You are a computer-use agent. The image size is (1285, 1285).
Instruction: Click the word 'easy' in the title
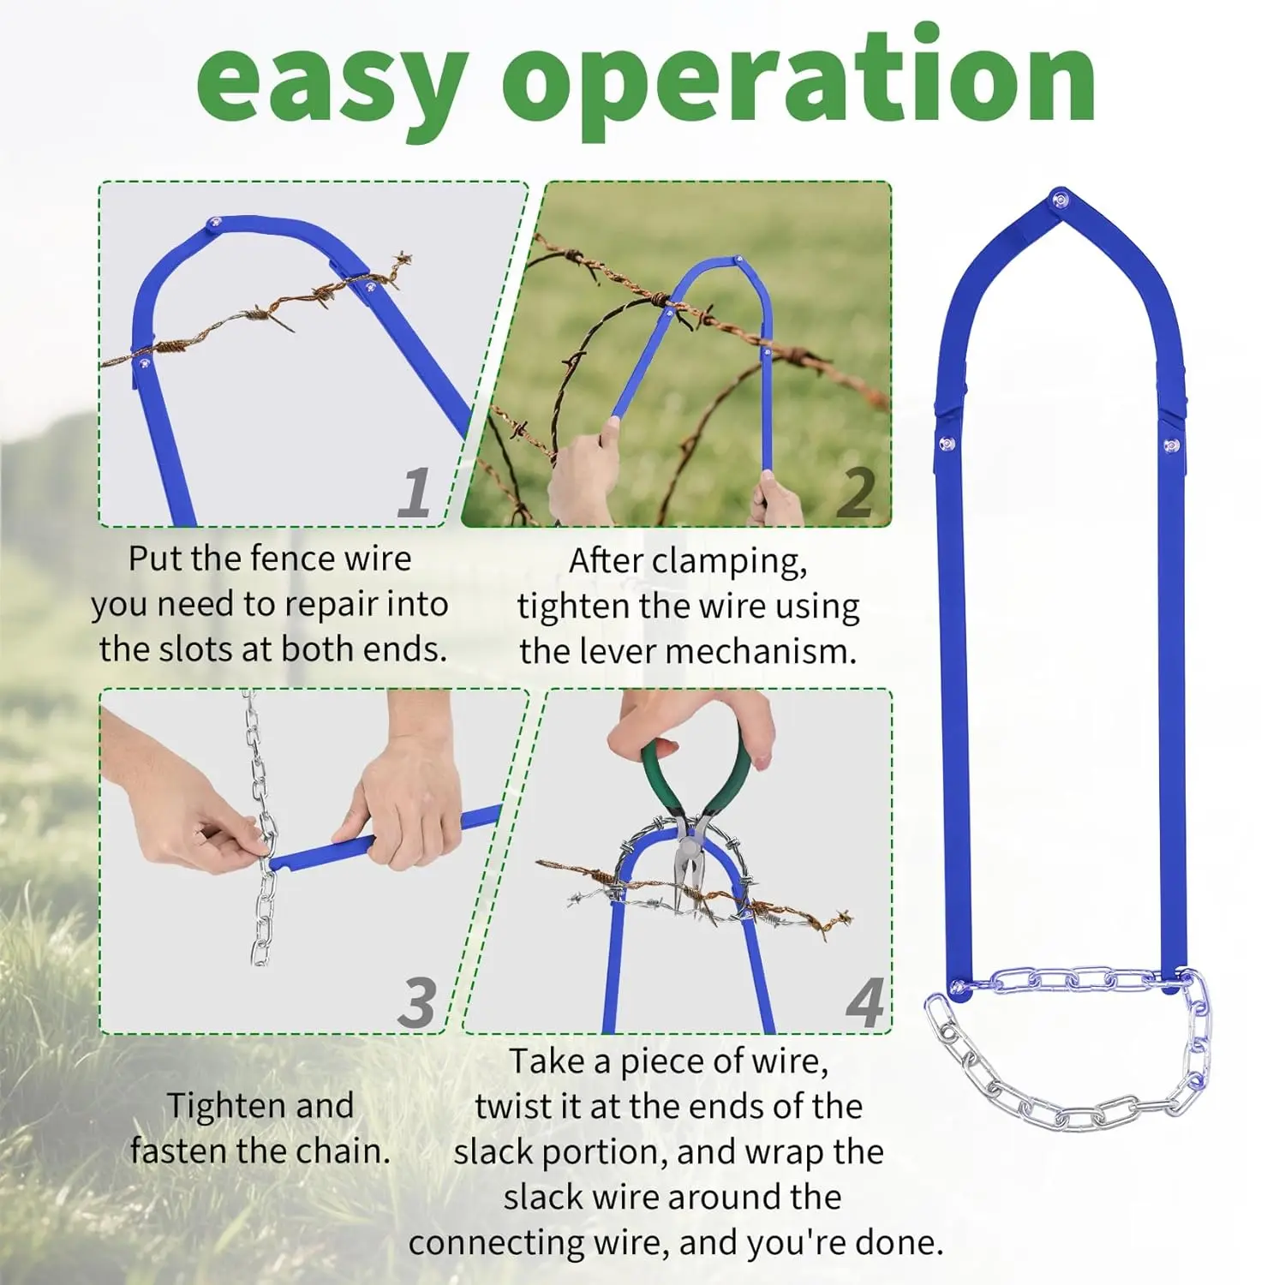pos(332,82)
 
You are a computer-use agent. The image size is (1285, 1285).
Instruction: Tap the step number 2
pos(857,493)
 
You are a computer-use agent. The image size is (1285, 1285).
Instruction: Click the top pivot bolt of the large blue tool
pos(1061,200)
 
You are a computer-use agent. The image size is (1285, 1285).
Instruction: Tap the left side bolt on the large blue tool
pos(947,443)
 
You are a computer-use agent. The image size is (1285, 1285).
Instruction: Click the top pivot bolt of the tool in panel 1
pos(213,224)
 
